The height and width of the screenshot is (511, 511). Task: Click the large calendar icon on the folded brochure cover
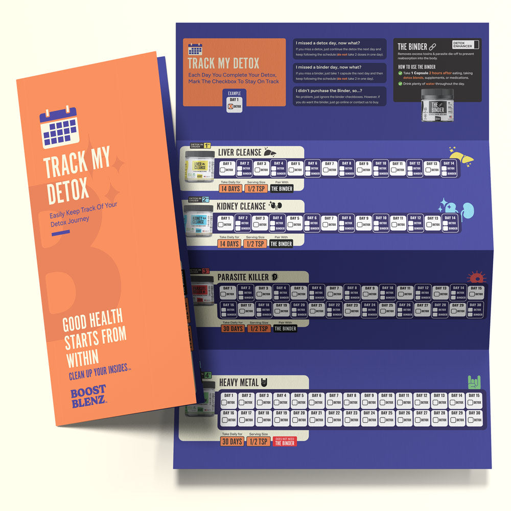coord(58,125)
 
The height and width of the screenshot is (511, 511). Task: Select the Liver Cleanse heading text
coord(239,152)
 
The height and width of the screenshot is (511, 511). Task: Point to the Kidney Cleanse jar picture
coord(199,222)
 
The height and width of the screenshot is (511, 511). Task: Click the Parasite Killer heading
coord(243,276)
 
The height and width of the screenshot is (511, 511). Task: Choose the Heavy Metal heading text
coord(239,382)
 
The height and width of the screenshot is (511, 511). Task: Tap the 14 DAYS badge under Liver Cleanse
coord(229,189)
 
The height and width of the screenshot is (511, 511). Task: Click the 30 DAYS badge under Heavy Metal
coord(232,442)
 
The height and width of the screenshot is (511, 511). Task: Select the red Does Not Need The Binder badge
coord(285,441)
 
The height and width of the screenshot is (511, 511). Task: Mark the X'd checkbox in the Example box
coord(230,106)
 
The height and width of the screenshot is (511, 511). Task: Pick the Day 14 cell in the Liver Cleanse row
coord(449,168)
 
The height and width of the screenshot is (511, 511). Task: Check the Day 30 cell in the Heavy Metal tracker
coord(475,417)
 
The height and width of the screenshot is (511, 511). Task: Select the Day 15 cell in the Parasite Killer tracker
coord(475,292)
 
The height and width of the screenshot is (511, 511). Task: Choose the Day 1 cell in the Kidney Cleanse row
coord(226,222)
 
